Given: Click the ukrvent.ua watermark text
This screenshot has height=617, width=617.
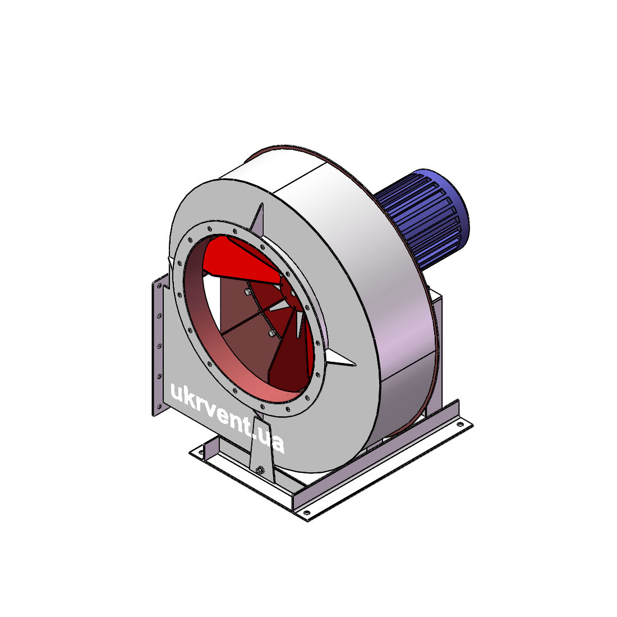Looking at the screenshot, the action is [x=227, y=418].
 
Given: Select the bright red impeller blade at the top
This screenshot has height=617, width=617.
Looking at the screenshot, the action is [x=240, y=260].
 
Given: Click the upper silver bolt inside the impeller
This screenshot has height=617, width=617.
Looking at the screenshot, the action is [x=247, y=291].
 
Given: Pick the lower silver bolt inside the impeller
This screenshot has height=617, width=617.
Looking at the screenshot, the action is [x=271, y=334].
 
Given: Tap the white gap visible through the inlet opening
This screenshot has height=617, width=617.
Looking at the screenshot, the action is [x=212, y=303].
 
